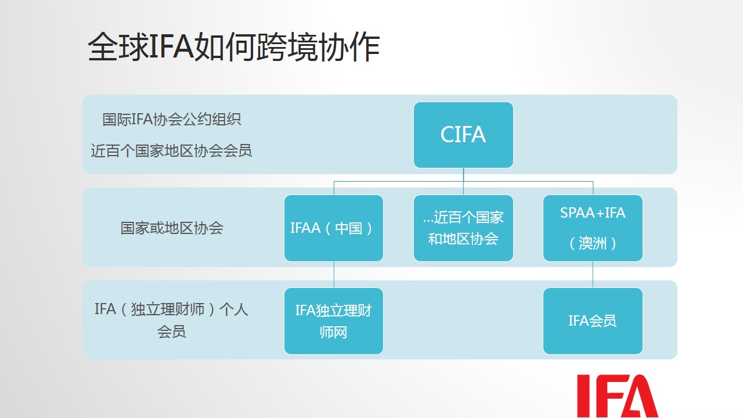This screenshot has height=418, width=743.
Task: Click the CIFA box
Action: pos(463,135)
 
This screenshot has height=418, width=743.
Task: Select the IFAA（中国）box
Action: pos(334,228)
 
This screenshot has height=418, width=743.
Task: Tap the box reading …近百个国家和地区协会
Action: pos(463,228)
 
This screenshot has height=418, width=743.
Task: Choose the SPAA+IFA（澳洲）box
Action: pos(593,228)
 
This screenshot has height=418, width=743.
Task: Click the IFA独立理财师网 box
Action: pos(334,321)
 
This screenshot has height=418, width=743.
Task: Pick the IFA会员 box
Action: pos(593,321)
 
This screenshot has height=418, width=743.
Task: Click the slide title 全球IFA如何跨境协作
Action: pos(233,47)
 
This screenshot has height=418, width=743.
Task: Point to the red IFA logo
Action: pos(617,396)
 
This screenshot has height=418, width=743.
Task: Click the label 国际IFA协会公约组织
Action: pos(171,120)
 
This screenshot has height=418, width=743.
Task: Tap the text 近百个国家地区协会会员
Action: pos(171,151)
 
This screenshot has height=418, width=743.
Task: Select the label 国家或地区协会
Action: pos(172,228)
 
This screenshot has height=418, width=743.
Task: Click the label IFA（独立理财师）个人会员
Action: pos(171,320)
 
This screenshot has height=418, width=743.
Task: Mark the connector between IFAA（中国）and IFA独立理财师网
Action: pos(334,275)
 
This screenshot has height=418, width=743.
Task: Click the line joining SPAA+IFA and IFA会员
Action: pos(593,275)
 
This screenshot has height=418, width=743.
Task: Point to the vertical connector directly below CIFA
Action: pos(463,181)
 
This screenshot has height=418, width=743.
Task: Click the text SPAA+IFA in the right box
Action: pos(593,213)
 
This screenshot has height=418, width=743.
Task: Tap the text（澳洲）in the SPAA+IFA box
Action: pos(593,243)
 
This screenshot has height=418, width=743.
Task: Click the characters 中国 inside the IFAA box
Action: pos(348,228)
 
